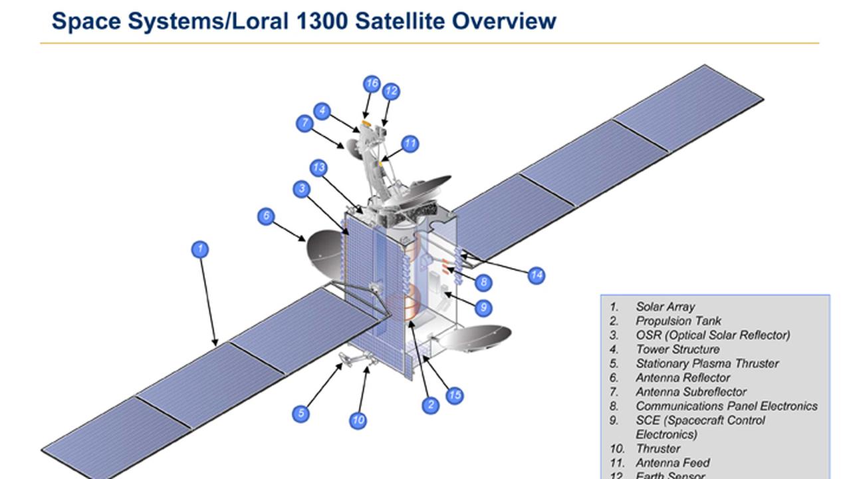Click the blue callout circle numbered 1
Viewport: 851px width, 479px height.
(x=200, y=249)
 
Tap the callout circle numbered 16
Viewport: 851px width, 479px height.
(x=372, y=84)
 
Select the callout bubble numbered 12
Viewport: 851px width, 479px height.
(x=391, y=91)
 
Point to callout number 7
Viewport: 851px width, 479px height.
(x=304, y=123)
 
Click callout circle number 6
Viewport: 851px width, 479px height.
(x=266, y=216)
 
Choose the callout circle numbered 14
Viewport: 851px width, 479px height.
(x=537, y=275)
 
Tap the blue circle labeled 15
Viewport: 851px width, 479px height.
(x=454, y=396)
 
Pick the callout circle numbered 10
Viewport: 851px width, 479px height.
(x=358, y=420)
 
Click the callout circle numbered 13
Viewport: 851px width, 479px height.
(x=318, y=168)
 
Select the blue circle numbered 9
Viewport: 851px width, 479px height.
(x=483, y=307)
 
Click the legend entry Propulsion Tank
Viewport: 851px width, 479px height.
(x=678, y=321)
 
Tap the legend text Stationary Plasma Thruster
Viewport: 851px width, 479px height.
(x=707, y=363)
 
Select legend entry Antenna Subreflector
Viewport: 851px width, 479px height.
(x=691, y=392)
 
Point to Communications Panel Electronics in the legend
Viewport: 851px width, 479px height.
(x=726, y=406)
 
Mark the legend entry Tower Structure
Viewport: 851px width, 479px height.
(x=677, y=349)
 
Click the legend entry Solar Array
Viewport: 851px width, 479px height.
(x=665, y=307)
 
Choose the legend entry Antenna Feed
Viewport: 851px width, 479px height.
(x=672, y=462)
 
